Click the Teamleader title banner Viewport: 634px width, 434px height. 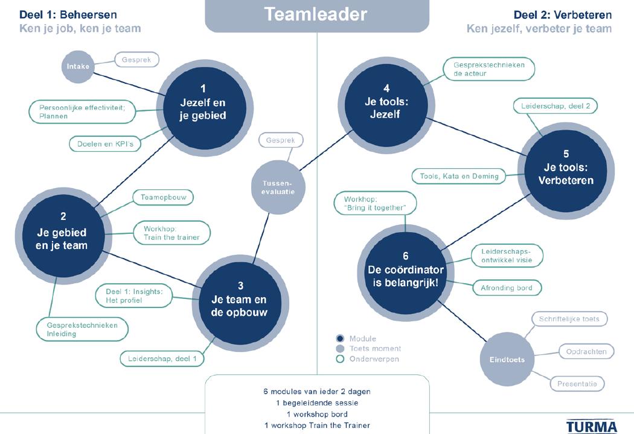tap(316, 15)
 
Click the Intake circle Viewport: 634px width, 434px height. tap(78, 66)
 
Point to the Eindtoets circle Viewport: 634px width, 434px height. tap(502, 360)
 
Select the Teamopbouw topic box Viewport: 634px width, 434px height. tap(163, 197)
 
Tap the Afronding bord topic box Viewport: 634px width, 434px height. tap(507, 288)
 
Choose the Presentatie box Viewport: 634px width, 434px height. tap(577, 383)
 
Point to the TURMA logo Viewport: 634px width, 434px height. tap(591, 426)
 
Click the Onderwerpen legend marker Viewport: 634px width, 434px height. tap(340, 359)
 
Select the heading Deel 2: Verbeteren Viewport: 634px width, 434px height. tap(562, 14)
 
